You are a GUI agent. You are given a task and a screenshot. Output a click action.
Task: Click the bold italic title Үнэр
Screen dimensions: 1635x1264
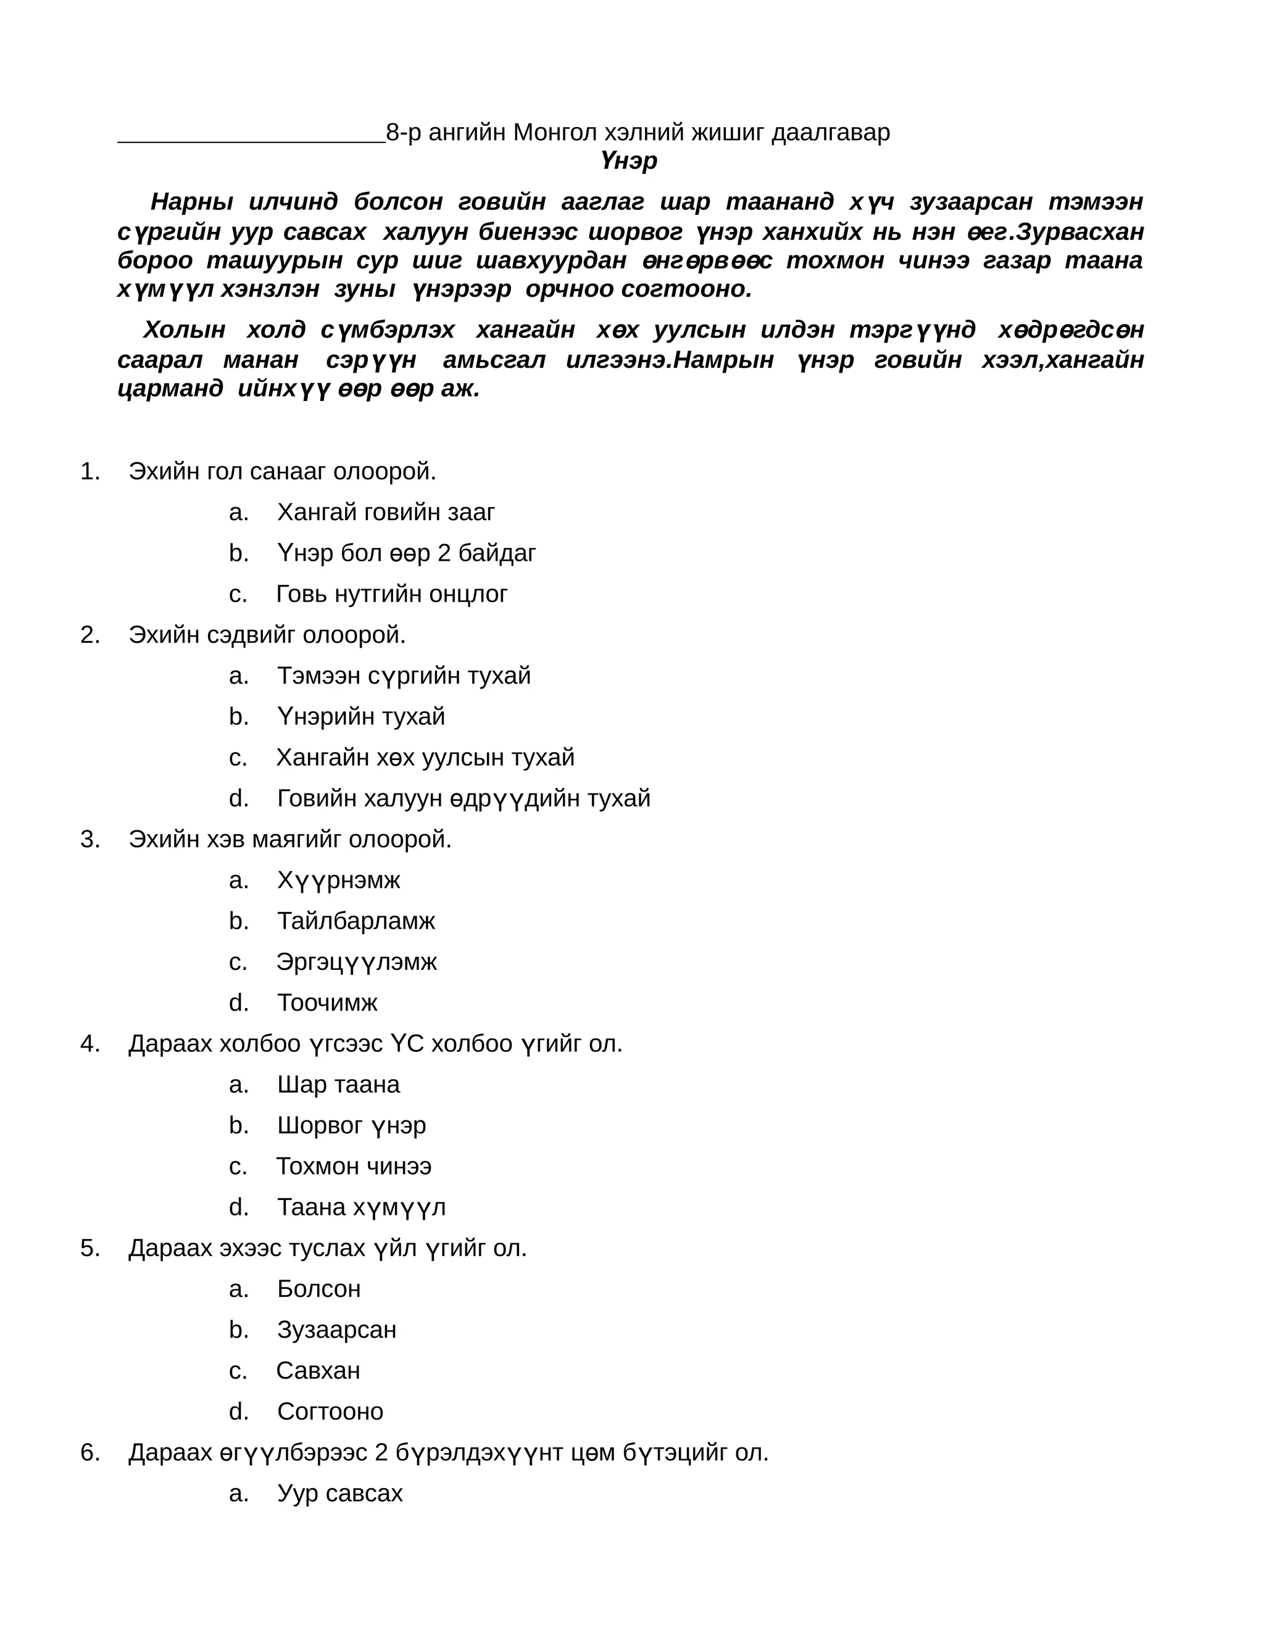(628, 161)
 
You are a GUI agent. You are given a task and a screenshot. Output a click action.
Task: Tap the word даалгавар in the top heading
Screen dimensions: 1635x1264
(831, 133)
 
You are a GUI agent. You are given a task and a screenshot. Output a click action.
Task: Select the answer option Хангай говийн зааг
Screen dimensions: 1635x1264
(386, 512)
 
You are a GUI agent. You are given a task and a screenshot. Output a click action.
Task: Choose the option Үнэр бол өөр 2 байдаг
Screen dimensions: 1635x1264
(406, 553)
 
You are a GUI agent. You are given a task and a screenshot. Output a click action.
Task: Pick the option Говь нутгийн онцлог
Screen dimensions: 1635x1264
(392, 594)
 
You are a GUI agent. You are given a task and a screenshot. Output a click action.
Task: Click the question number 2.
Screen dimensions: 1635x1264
(89, 635)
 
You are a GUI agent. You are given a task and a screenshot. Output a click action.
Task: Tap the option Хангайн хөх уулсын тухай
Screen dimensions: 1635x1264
(425, 757)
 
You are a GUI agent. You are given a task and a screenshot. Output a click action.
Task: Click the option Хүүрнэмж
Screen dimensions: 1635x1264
(338, 880)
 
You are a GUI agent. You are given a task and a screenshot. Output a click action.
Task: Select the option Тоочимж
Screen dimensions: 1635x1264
(327, 1003)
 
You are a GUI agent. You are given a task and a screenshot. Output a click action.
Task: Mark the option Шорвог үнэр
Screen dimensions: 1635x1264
(351, 1125)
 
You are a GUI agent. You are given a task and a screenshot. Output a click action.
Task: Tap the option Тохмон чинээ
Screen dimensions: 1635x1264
(354, 1166)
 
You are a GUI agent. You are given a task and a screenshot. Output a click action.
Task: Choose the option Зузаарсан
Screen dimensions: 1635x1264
(336, 1330)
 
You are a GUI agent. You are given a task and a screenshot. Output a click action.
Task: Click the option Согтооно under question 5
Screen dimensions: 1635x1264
(330, 1411)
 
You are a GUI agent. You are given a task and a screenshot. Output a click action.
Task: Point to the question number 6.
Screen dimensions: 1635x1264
(89, 1452)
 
